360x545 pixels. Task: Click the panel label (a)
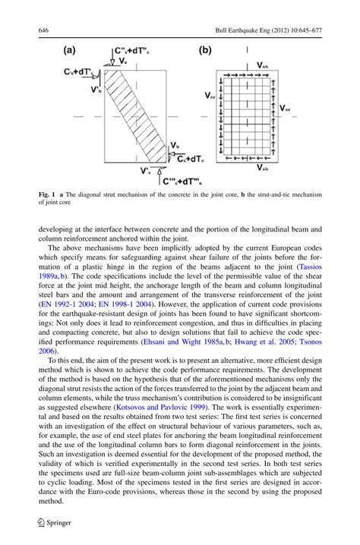pos(70,52)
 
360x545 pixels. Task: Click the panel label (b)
pos(204,52)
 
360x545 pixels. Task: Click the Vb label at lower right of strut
pos(175,144)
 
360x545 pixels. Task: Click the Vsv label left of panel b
pos(209,96)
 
